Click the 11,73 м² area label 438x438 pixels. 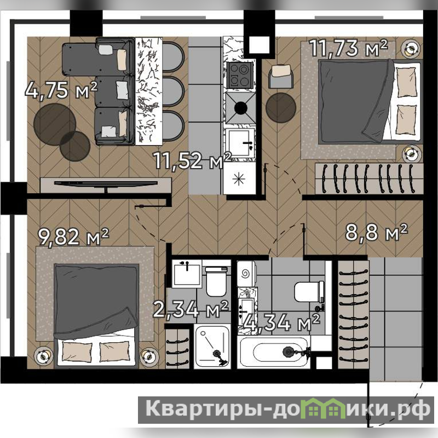pos(349,48)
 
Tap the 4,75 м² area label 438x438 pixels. pos(61,90)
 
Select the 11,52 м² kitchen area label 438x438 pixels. pos(193,160)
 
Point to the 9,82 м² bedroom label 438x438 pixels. pos(73,237)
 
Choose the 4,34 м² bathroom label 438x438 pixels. pos(281,322)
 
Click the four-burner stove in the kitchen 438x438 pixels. pos(240,74)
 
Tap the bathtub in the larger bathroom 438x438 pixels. pos(274,352)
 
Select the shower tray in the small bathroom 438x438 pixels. pos(212,347)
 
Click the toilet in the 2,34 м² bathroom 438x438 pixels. pos(216,281)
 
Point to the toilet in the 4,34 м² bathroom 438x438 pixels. pos(309,292)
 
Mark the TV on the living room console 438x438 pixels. pos(106,184)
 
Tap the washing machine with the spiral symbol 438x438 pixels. pos(246,274)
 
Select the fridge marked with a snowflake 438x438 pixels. pos(239,179)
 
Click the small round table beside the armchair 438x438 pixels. pos(281,108)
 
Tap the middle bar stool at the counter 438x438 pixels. pos(173,91)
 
